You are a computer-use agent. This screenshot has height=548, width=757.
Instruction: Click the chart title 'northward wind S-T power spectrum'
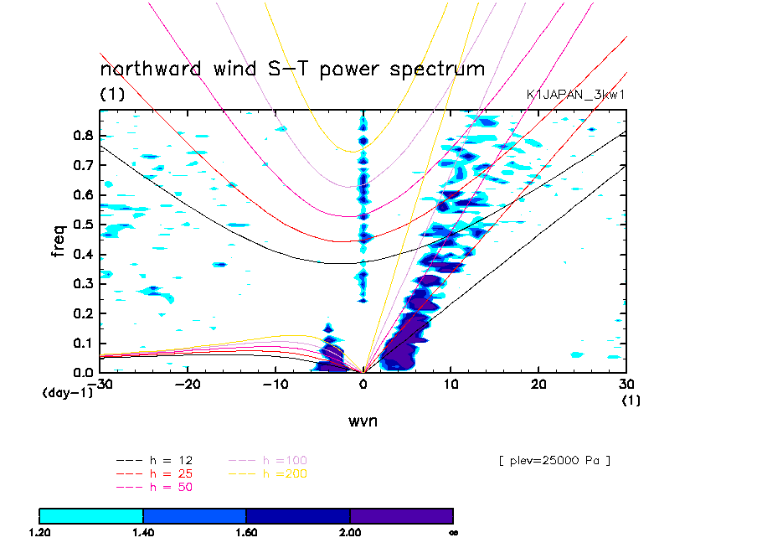(x=292, y=69)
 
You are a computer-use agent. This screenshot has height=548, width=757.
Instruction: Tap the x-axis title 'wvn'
(x=363, y=421)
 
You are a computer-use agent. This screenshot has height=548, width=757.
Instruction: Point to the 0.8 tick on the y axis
(x=84, y=136)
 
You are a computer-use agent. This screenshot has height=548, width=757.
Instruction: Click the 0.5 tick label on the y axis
(x=84, y=225)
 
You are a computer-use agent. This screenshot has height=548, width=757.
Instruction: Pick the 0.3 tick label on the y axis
(x=84, y=284)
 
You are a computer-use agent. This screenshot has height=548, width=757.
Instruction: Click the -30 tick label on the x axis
(x=100, y=383)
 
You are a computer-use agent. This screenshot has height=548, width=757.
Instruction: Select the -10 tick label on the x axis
(x=275, y=383)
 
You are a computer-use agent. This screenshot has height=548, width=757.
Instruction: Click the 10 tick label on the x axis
(x=451, y=383)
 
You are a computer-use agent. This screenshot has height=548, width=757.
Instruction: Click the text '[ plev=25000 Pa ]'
(x=554, y=461)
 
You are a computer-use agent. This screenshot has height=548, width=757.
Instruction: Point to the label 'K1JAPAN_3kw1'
(x=575, y=95)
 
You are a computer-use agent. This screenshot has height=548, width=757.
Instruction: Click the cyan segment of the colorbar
(x=91, y=515)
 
